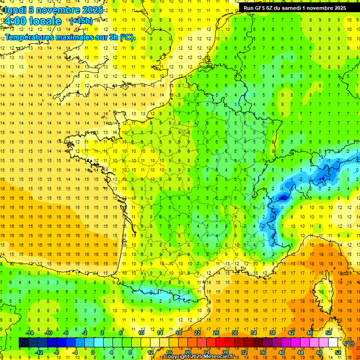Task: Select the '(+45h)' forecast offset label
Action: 81,21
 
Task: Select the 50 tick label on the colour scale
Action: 329,333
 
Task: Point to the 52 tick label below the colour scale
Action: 337,352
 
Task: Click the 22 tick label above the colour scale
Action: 197,333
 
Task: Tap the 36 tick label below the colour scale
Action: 262,352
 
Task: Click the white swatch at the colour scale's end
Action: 333,343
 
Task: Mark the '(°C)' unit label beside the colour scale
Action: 349,343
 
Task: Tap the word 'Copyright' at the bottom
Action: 177,357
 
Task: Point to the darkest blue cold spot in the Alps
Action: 283,198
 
